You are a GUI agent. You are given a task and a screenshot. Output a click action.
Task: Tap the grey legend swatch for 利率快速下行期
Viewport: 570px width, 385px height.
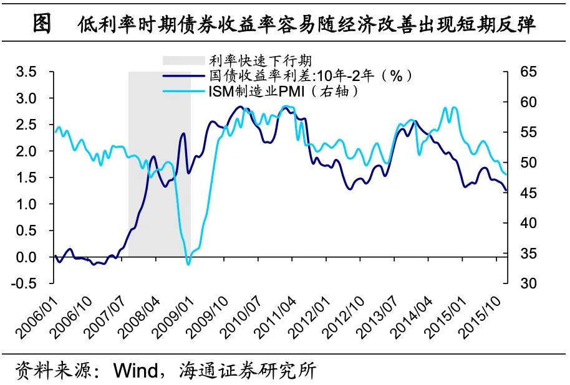coord(184,60)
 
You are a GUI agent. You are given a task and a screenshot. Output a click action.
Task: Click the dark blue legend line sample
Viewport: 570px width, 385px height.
coord(184,76)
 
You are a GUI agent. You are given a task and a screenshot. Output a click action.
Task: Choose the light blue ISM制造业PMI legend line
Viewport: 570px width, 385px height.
coord(184,92)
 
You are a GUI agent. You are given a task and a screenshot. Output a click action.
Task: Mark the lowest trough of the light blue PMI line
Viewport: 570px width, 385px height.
coord(188,264)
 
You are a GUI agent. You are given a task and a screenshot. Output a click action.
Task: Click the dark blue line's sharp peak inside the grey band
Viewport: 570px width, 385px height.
coord(183,133)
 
